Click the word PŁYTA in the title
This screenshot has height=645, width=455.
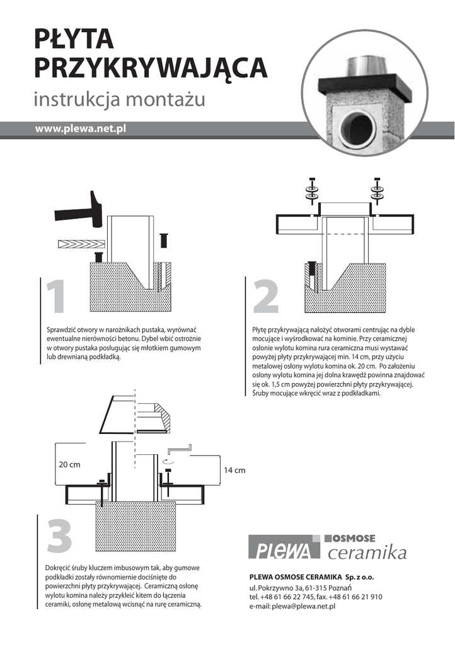point(74,39)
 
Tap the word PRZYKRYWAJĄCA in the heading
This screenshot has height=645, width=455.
point(151,68)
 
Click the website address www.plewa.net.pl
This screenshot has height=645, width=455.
point(80,128)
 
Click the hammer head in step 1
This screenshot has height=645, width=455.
point(96,208)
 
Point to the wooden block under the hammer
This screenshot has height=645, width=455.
point(81,244)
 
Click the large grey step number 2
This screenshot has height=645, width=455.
point(266,296)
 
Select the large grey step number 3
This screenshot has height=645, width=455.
point(60,535)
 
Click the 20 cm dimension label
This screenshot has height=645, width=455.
point(69,464)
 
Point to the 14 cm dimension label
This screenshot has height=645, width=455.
point(234,470)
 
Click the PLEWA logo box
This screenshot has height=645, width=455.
point(284,547)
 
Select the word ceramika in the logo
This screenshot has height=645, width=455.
point(367,552)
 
